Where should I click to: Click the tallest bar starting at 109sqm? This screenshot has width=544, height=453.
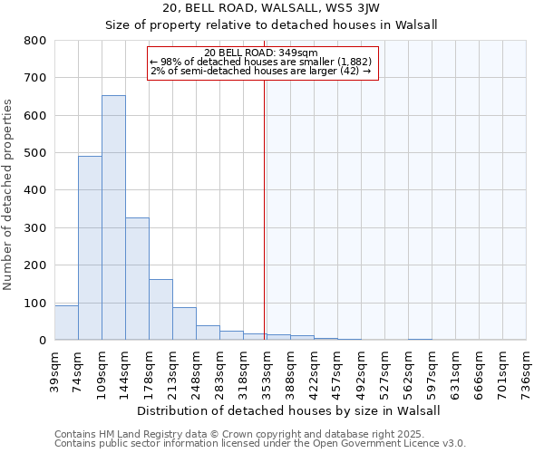click(x=113, y=217)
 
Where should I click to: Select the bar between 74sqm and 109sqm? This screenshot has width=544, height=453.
click(x=90, y=247)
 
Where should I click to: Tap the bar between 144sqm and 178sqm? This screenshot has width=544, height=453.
click(x=137, y=278)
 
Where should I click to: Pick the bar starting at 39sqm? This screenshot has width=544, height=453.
click(x=66, y=323)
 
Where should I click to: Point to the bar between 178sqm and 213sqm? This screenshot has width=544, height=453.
click(x=160, y=309)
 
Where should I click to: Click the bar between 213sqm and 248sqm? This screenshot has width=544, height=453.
click(x=184, y=323)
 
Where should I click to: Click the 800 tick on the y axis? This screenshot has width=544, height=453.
click(x=35, y=41)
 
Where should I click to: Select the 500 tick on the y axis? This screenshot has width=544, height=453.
click(x=35, y=153)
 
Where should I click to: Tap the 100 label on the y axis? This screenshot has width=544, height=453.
click(x=35, y=303)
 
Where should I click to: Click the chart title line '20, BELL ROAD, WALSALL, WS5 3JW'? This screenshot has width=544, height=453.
click(x=272, y=8)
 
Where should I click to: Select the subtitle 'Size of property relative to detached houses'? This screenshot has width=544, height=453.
click(x=272, y=25)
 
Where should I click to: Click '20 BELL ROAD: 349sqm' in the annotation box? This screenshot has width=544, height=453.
click(x=261, y=53)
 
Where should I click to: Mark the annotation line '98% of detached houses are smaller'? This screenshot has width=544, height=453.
click(x=261, y=62)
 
